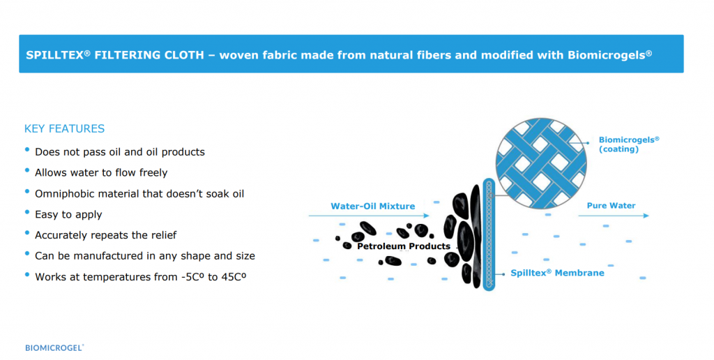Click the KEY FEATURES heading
point(64,129)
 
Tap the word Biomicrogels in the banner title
point(607,55)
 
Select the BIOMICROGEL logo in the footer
point(54,347)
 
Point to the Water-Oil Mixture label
point(372,206)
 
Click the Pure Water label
point(611,206)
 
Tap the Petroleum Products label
point(404,246)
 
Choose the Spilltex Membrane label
point(557,273)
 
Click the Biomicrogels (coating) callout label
point(628,144)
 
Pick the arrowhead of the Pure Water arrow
point(646,216)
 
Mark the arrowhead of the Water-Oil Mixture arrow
point(426,216)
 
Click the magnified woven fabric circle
point(541,163)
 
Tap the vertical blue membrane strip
point(489,234)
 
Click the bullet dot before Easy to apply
point(27,212)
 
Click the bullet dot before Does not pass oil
point(27,150)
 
